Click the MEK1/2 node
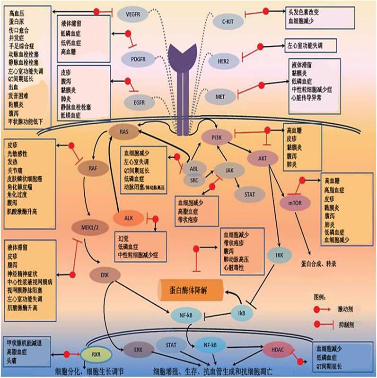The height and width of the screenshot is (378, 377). [88, 227]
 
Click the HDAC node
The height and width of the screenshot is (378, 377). [277, 349]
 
